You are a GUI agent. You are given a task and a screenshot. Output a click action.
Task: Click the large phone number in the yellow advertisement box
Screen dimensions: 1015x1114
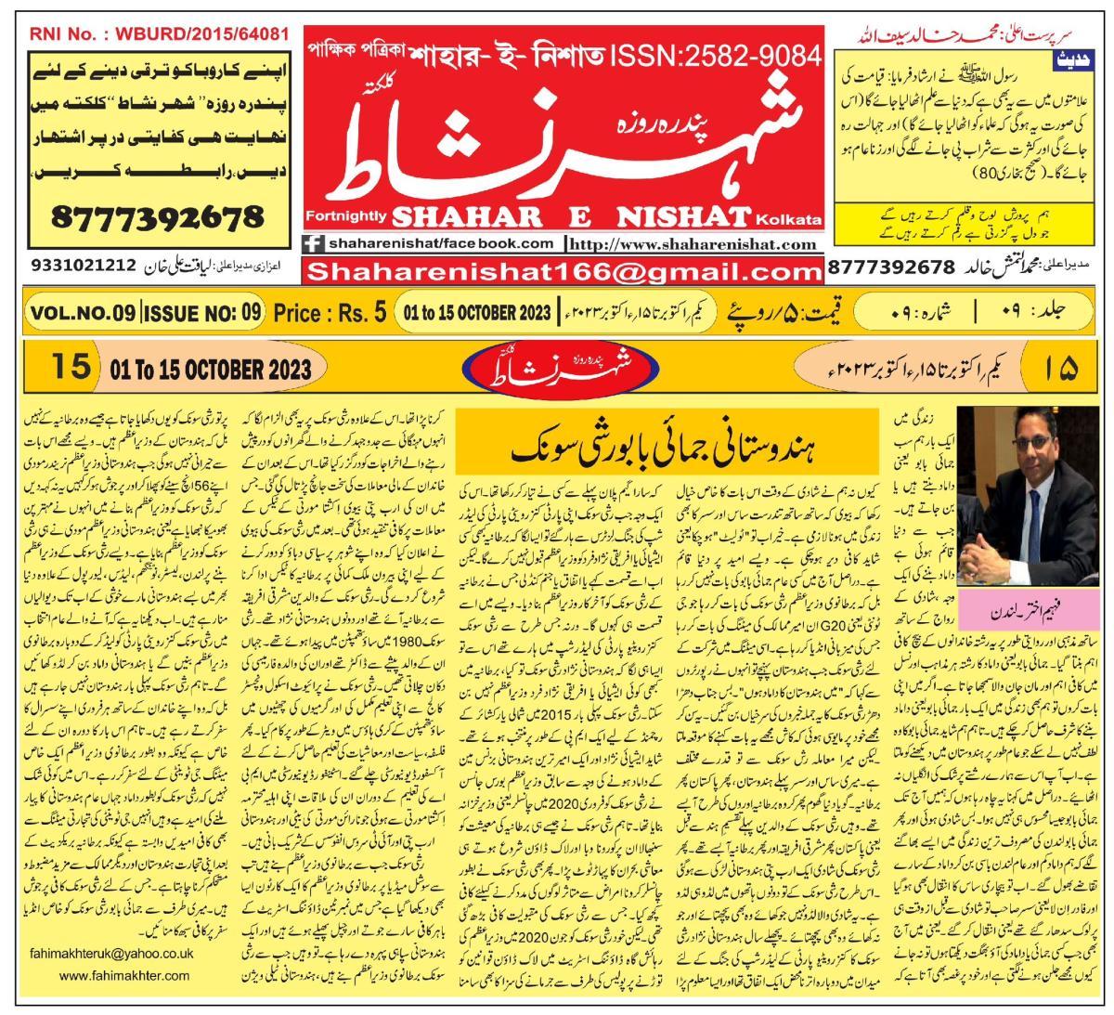pos(158,218)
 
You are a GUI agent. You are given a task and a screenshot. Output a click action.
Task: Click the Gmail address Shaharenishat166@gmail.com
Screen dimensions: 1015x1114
pos(563,271)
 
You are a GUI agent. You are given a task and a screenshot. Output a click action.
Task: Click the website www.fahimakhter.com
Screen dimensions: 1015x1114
pos(123,976)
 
